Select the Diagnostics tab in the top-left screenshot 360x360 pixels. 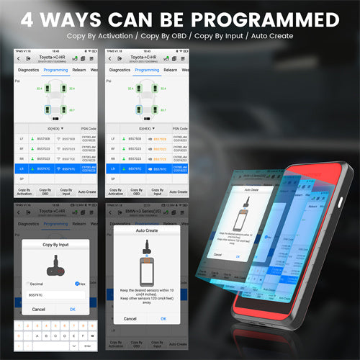pyautogui.click(x=28, y=70)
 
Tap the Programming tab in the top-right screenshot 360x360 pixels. pyautogui.click(x=147, y=70)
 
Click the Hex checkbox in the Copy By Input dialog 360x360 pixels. pyautogui.click(x=78, y=283)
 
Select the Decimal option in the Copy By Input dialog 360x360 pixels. pyautogui.click(x=30, y=283)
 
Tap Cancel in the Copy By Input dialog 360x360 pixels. pyautogui.click(x=38, y=309)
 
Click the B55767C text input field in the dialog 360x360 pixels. pyautogui.click(x=54, y=294)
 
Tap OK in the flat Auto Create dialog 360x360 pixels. pyautogui.click(x=163, y=318)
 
